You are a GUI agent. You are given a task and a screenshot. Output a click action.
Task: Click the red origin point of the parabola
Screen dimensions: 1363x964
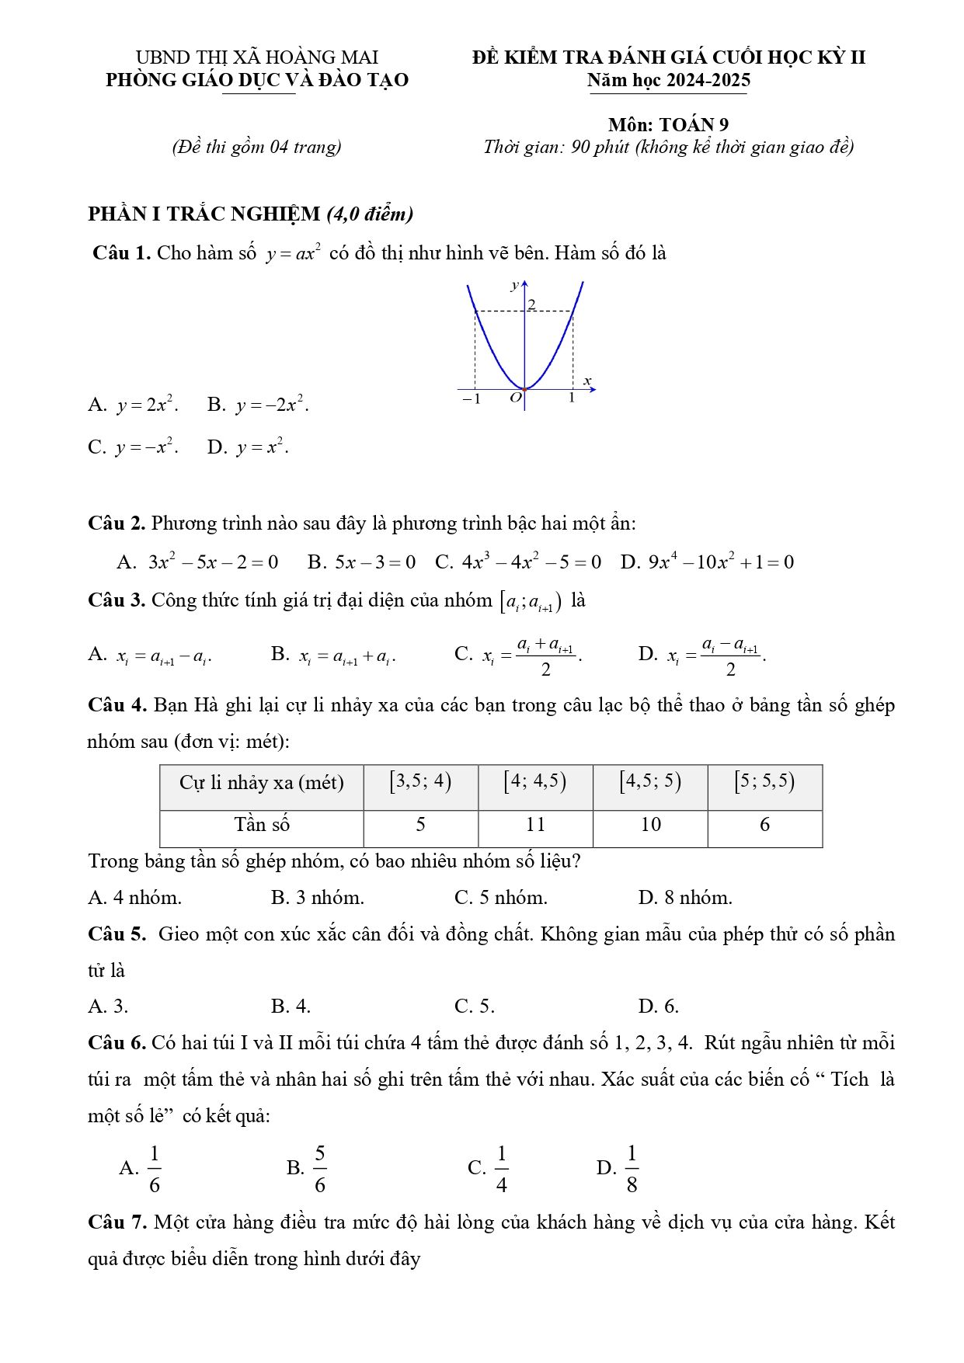524,389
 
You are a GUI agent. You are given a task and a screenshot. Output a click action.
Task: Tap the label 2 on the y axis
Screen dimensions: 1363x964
532,304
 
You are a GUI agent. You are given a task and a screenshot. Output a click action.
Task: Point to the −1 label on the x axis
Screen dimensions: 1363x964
472,399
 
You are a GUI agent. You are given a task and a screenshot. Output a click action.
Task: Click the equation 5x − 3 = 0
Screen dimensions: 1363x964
375,562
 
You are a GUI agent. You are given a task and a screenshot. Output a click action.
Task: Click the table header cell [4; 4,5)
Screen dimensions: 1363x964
535,781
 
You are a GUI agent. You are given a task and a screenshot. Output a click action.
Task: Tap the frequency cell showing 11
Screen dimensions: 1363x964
535,825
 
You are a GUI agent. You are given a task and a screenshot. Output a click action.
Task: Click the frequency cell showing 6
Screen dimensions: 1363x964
764,825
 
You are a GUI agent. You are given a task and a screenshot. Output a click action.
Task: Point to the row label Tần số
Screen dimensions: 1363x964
262,825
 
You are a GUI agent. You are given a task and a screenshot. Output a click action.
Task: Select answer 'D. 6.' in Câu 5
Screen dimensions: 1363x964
659,1007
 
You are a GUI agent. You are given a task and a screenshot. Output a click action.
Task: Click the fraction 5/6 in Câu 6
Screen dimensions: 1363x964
319,1168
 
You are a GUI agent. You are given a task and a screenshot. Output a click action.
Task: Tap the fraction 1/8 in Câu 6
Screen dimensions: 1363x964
632,1168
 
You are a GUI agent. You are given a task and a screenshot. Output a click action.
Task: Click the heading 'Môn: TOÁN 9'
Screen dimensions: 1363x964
669,124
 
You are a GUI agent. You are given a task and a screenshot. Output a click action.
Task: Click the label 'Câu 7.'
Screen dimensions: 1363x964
117,1222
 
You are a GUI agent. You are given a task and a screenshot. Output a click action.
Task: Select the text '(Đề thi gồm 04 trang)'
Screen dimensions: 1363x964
256,147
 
